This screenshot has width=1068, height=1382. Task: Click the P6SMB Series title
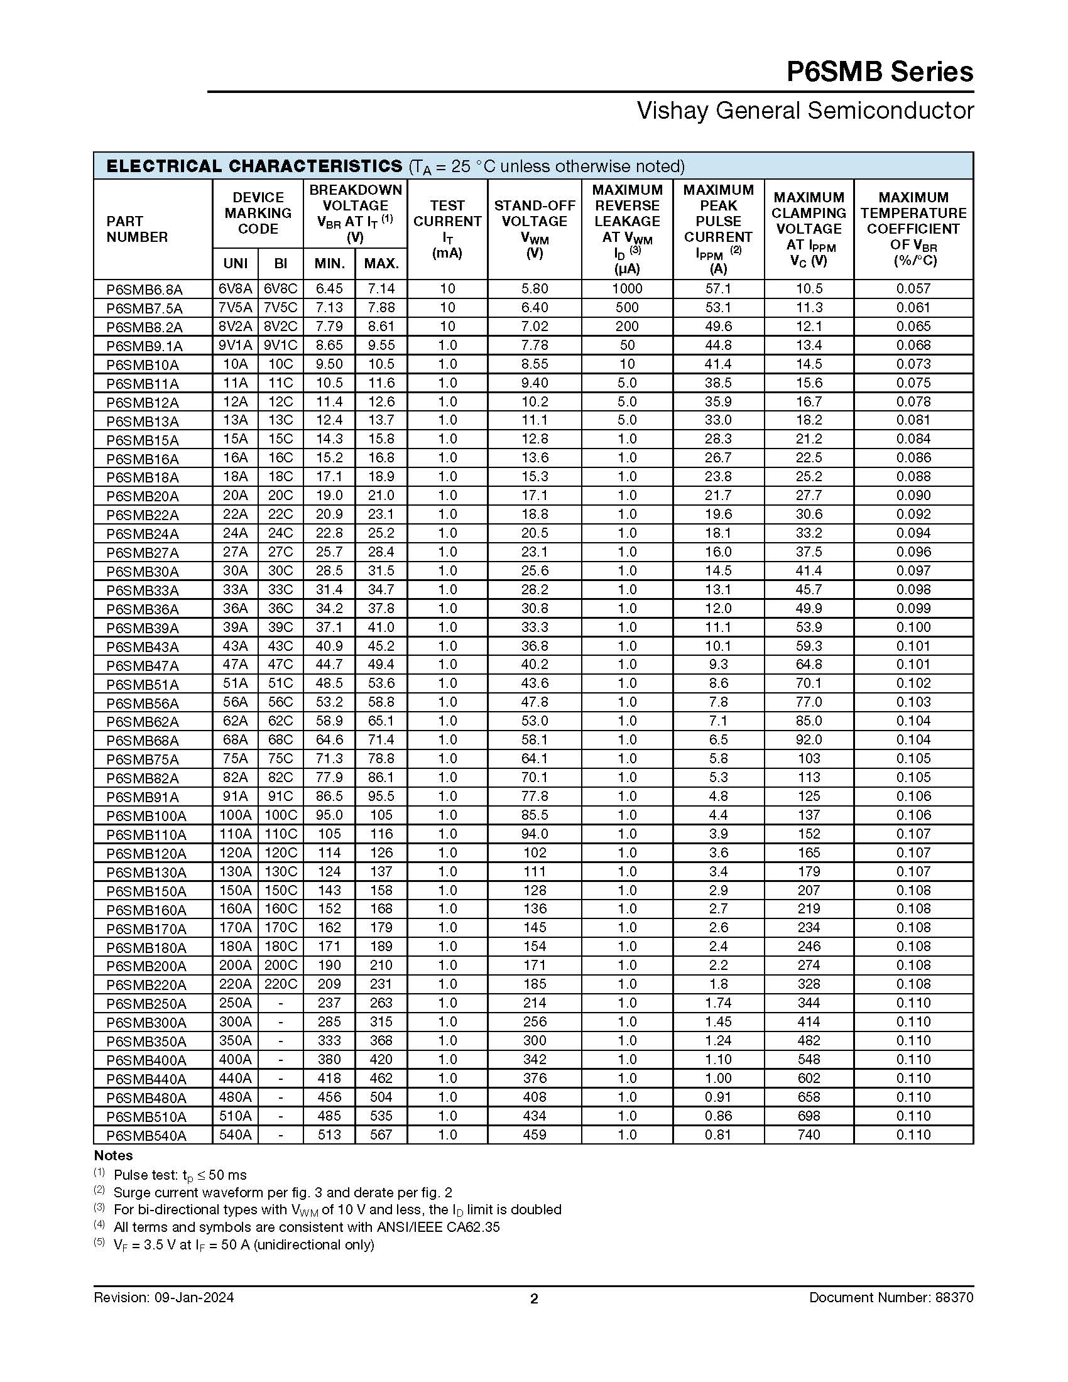[880, 72]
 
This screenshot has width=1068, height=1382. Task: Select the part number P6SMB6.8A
[144, 290]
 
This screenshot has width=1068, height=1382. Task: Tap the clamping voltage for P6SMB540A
[809, 1134]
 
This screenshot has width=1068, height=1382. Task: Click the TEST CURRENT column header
[447, 229]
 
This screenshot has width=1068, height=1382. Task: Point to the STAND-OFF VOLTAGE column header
[535, 229]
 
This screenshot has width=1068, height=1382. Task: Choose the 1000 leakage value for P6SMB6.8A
[627, 288]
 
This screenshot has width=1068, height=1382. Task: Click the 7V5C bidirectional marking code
[280, 308]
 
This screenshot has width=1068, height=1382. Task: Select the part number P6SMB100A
[146, 815]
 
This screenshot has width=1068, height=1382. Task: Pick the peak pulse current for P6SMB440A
[718, 1078]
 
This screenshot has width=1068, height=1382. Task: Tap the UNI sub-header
[236, 263]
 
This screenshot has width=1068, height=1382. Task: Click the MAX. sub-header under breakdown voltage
[381, 263]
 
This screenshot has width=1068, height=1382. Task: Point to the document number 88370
[891, 1297]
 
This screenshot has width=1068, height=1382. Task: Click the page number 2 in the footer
[534, 1298]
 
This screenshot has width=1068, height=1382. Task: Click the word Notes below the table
[113, 1155]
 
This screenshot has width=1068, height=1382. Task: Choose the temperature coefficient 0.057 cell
[913, 288]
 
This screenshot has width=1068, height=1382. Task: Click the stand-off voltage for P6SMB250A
[535, 1003]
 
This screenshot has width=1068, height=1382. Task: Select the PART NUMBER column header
[138, 229]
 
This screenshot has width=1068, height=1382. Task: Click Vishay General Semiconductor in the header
[805, 111]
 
